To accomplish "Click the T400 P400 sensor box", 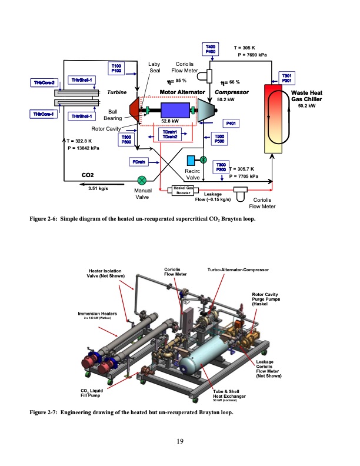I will click(210, 49).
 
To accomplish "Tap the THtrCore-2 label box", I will click(44, 82).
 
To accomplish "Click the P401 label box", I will click(231, 124).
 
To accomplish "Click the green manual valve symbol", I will click(142, 181).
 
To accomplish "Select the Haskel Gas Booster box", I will click(182, 190).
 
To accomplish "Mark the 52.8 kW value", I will click(169, 122).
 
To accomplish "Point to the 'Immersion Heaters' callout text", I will click(99, 314).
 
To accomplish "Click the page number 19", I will click(180, 441).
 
